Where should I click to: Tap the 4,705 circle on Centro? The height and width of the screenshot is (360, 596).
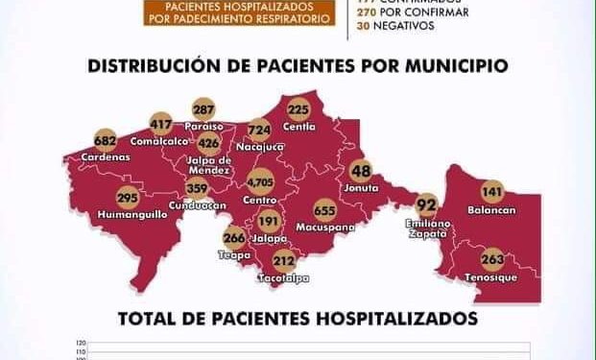pyautogui.click(x=260, y=180)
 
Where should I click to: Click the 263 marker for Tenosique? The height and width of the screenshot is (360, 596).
pyautogui.click(x=492, y=257)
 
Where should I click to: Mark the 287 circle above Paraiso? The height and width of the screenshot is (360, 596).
pyautogui.click(x=203, y=108)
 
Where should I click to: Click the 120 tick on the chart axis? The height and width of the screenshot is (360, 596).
pyautogui.click(x=80, y=343)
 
